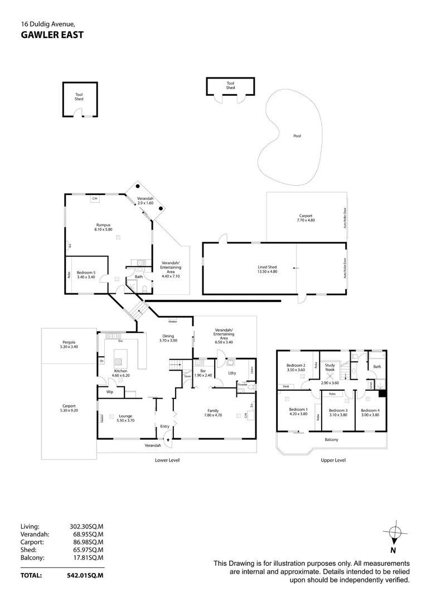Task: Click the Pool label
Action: click(297, 136)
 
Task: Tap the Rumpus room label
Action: click(103, 225)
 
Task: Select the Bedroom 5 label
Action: click(86, 273)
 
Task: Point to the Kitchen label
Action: click(120, 371)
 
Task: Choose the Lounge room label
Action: click(125, 415)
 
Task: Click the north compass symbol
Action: click(393, 534)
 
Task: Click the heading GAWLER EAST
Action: click(52, 35)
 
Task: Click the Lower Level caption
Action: click(167, 460)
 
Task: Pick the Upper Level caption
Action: click(333, 460)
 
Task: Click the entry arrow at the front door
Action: click(166, 441)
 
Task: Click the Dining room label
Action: click(168, 337)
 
